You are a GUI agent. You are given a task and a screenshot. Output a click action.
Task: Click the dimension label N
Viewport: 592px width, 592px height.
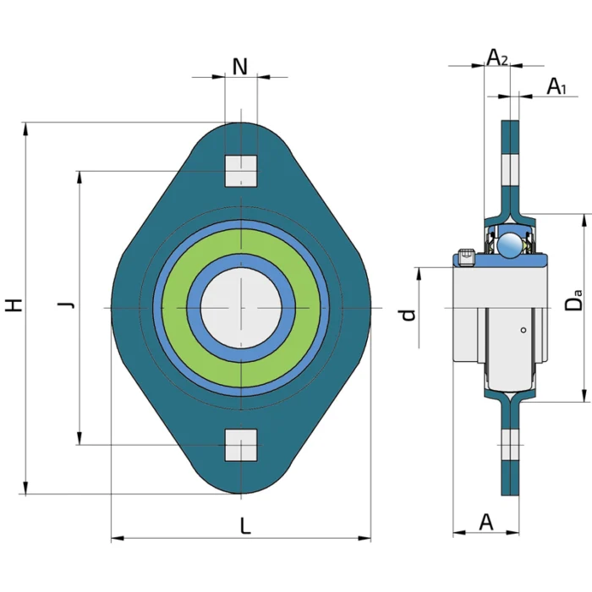point(240,66)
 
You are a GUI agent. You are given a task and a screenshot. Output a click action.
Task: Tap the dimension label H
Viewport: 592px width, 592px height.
point(14,305)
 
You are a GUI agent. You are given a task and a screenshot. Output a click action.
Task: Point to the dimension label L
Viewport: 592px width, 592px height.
point(244,526)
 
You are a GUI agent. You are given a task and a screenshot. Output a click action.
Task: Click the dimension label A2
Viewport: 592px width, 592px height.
point(497,57)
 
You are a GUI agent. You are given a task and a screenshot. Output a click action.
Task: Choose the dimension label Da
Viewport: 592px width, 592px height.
point(574,302)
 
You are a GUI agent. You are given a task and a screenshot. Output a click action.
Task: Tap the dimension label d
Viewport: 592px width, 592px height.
point(408,315)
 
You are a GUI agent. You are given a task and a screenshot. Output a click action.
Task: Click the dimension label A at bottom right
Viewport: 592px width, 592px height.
point(486,522)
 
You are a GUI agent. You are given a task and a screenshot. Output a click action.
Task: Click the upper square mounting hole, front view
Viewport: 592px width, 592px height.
point(241,172)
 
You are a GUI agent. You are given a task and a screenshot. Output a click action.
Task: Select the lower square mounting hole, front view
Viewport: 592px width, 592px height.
point(241,445)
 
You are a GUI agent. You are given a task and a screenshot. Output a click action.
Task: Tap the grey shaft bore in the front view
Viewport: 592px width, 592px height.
point(241,308)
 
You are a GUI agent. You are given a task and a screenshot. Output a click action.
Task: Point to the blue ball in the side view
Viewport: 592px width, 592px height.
point(511,245)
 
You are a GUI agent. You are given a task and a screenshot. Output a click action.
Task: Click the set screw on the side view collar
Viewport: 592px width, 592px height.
point(466,256)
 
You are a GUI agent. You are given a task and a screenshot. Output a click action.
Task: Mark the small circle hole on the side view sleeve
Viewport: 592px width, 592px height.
point(523,330)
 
